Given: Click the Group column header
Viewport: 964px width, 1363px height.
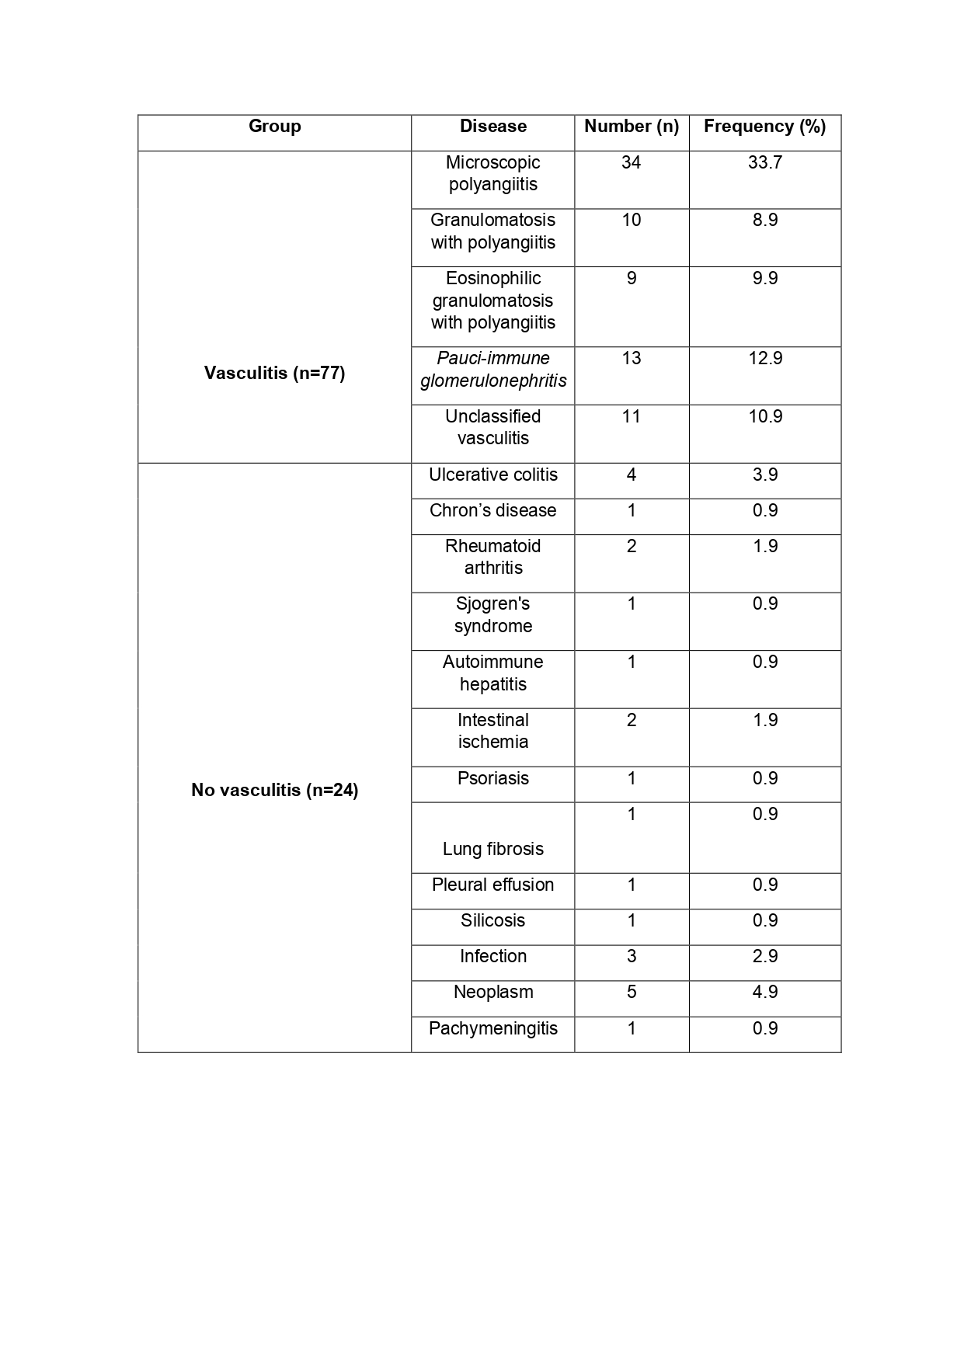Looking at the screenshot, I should (x=274, y=127).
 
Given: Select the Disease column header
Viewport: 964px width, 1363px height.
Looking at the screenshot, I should (x=492, y=127).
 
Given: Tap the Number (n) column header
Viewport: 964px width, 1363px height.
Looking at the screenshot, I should (x=631, y=127).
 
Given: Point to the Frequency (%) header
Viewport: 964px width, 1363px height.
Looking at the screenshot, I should (x=764, y=127).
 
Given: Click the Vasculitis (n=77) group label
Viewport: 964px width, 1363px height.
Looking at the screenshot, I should (x=274, y=373).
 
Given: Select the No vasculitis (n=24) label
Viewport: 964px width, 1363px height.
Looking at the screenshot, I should (x=274, y=791).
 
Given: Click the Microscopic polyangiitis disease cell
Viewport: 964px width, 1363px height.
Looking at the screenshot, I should (x=492, y=174).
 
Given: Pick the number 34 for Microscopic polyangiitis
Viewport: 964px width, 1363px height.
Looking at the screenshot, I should (x=631, y=163).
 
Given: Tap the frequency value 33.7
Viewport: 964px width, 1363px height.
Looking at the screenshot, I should (x=764, y=163).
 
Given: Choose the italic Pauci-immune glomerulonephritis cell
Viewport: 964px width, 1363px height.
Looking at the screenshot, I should (x=492, y=370).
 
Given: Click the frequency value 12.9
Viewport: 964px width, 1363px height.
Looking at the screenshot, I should (x=764, y=359).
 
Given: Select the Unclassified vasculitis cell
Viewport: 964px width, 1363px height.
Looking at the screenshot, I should (x=492, y=427).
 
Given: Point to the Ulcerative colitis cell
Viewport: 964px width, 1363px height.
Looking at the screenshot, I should (x=492, y=475).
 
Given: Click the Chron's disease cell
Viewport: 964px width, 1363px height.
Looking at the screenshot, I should (x=492, y=510).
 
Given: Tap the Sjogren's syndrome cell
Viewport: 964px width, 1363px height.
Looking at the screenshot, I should (x=492, y=615).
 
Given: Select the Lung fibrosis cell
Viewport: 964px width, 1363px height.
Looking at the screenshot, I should (x=492, y=849).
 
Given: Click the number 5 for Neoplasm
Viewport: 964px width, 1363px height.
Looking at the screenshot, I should (x=631, y=992).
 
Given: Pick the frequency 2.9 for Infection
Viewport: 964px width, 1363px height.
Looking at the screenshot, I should (x=764, y=956).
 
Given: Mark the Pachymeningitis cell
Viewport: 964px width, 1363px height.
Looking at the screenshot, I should (x=492, y=1028).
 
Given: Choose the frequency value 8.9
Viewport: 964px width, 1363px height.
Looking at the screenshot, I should (x=764, y=221).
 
